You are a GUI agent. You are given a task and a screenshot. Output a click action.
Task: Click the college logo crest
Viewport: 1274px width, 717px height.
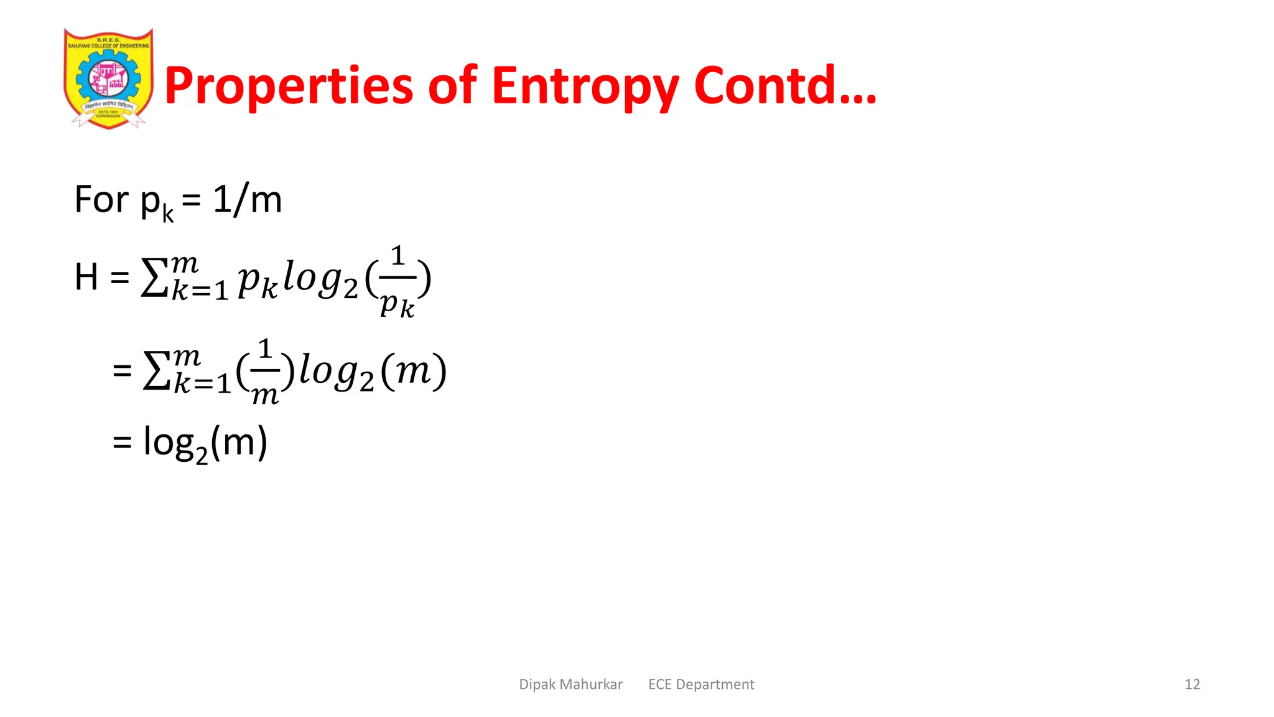pyautogui.click(x=108, y=78)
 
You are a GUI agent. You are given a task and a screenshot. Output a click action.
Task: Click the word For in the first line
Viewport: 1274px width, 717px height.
pyautogui.click(x=102, y=200)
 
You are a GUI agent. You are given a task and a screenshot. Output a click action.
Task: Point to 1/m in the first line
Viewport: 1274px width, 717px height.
pyautogui.click(x=247, y=200)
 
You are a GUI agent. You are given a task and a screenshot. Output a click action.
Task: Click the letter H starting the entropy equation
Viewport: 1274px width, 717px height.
pyautogui.click(x=86, y=277)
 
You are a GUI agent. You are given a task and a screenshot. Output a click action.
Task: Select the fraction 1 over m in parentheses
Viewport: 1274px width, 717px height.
pyautogui.click(x=265, y=372)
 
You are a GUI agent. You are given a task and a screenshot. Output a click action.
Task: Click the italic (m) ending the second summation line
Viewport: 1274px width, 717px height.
pyautogui.click(x=413, y=372)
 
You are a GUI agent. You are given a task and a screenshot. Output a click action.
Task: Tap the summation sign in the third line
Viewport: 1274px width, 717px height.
pyautogui.click(x=156, y=372)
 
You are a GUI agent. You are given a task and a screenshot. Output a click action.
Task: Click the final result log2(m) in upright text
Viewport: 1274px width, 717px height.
pyautogui.click(x=205, y=443)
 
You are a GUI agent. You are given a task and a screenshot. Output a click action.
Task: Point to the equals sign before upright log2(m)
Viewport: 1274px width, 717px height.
pyautogui.click(x=122, y=443)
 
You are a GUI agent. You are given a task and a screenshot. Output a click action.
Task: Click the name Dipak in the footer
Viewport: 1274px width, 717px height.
pyautogui.click(x=537, y=685)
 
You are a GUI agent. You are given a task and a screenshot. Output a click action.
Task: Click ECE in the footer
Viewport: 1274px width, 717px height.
pyautogui.click(x=660, y=685)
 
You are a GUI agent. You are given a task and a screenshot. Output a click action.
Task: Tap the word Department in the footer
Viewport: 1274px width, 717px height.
pyautogui.click(x=715, y=685)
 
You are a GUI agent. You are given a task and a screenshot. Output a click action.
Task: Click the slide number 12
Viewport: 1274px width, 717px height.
pyautogui.click(x=1192, y=685)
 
